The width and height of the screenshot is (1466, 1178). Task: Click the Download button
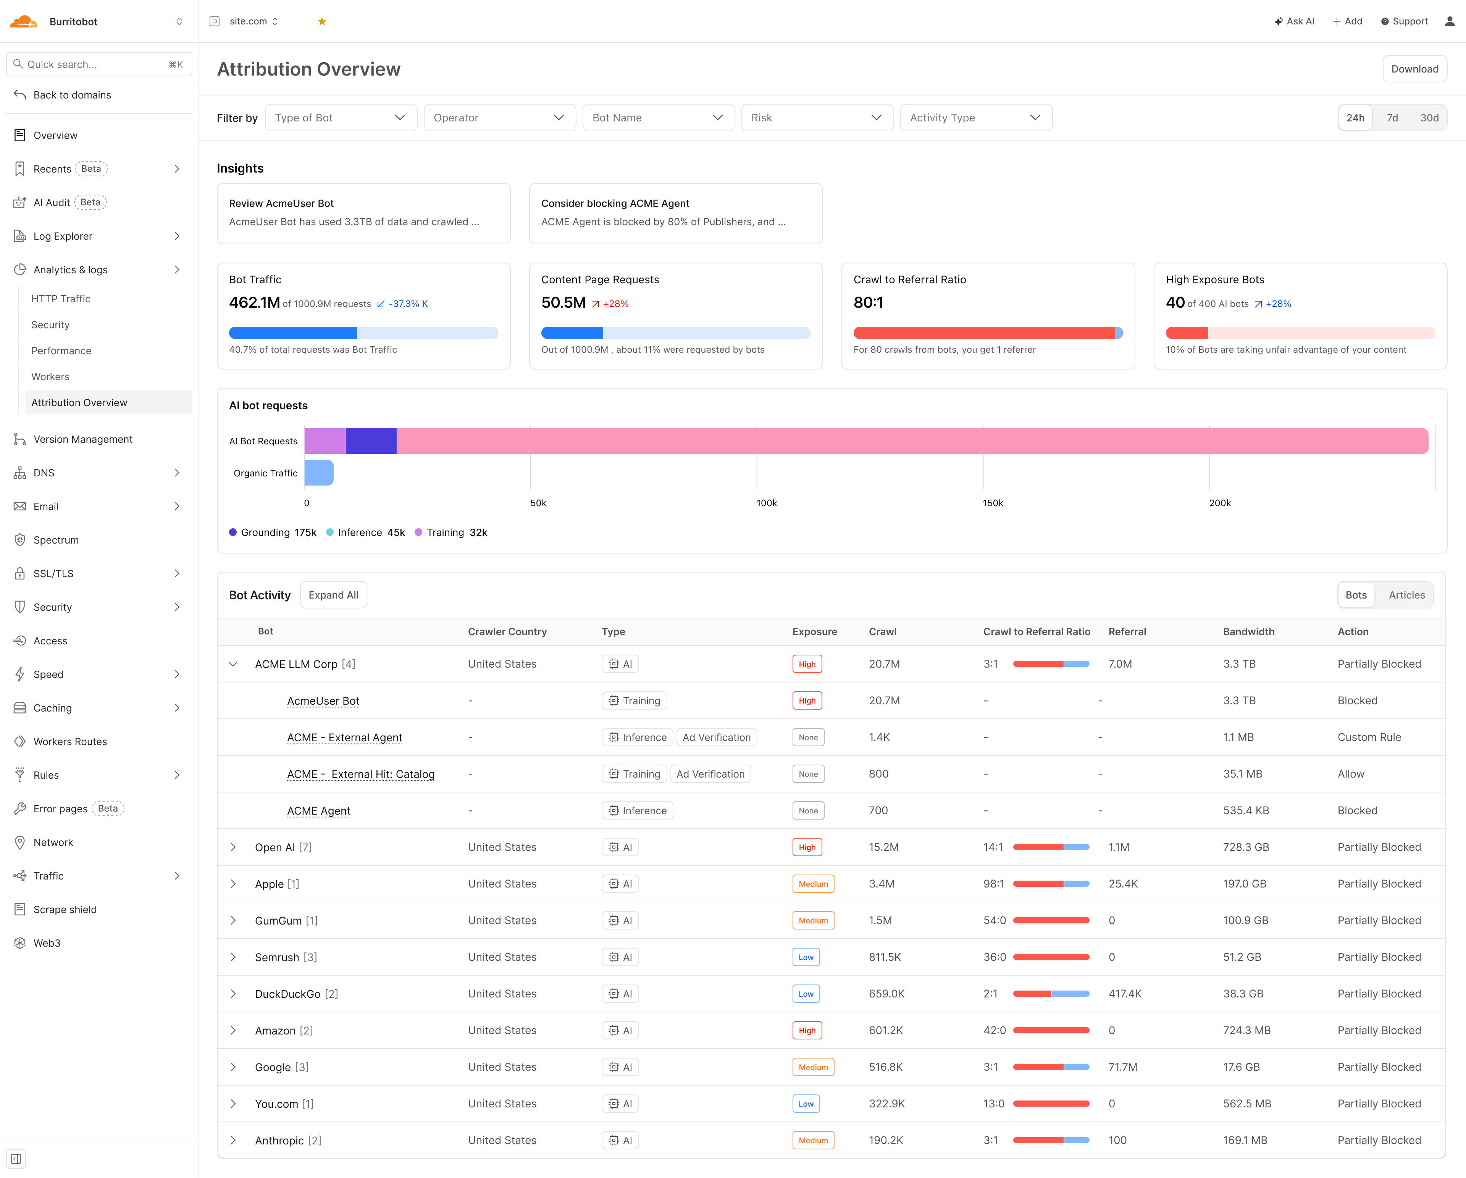coord(1414,69)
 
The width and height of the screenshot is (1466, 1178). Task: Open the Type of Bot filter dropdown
coord(340,118)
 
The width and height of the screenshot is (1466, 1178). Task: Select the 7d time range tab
coord(1392,118)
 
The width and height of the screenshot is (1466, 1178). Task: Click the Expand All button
coord(333,595)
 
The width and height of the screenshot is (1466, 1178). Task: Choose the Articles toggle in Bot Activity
coord(1406,595)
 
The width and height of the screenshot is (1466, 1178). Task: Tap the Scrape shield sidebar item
coord(65,910)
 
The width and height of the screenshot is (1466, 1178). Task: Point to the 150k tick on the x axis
coord(993,503)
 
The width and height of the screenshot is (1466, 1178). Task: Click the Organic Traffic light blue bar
coord(319,473)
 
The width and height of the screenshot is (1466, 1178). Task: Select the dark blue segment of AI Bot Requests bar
coord(371,441)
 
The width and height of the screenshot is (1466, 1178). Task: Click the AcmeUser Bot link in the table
coord(323,701)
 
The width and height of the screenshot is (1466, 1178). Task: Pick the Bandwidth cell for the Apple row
coord(1244,884)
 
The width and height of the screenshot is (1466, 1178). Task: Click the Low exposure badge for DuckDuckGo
coord(806,994)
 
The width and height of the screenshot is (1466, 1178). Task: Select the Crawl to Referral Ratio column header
coord(1036,631)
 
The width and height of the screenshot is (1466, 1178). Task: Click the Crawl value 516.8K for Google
coord(885,1067)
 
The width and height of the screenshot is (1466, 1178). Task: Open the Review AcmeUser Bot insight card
coord(363,213)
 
